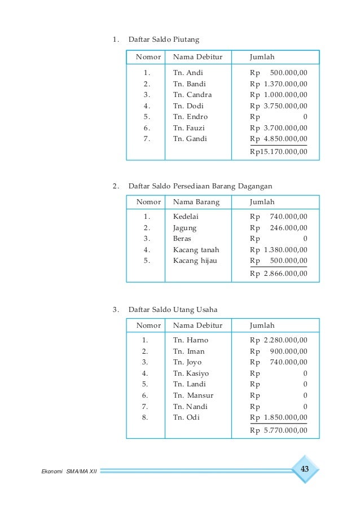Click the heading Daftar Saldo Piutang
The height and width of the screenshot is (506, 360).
pos(164,40)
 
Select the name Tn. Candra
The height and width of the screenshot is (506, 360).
pos(192,95)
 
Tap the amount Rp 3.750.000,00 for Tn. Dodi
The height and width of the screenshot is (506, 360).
pos(279,105)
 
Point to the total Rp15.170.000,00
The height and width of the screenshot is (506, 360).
pos(279,151)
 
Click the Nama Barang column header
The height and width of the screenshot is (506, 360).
pos(196,202)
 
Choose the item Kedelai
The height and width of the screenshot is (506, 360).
pos(186,217)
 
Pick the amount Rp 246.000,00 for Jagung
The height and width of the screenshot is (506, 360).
pos(279,228)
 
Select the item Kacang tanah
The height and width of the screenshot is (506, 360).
pos(196,250)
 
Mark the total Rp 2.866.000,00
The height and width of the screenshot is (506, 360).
pos(279,274)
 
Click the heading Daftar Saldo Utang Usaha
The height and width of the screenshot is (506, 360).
pos(173,310)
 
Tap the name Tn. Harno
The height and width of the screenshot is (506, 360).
pos(190,340)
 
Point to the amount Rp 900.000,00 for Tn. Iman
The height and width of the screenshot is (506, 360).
pos(279,351)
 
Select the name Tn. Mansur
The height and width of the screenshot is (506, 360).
pos(193,395)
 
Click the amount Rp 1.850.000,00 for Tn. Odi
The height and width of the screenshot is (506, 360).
pos(279,417)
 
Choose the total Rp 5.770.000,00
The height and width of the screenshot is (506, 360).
pos(279,430)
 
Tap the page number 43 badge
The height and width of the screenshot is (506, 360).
pos(305,469)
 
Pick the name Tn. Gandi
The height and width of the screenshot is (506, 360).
pos(190,139)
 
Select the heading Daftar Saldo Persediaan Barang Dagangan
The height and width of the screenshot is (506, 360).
pos(200,186)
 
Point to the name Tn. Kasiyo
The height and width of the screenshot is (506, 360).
pos(191,373)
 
